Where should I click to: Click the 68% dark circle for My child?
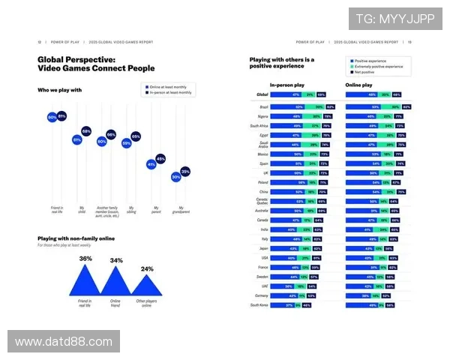(86, 131)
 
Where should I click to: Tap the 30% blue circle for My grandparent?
(175, 177)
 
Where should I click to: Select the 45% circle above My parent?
(160, 159)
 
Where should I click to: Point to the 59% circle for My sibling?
(126, 142)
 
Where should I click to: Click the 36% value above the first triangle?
(86, 259)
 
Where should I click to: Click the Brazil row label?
(262, 107)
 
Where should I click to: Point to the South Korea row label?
(259, 305)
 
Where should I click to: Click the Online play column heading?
(358, 85)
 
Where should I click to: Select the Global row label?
(262, 95)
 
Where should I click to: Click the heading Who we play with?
(60, 90)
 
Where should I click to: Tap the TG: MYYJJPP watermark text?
(394, 17)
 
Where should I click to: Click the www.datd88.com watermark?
(63, 341)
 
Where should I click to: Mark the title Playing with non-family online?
(76, 238)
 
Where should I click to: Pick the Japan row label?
(263, 247)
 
